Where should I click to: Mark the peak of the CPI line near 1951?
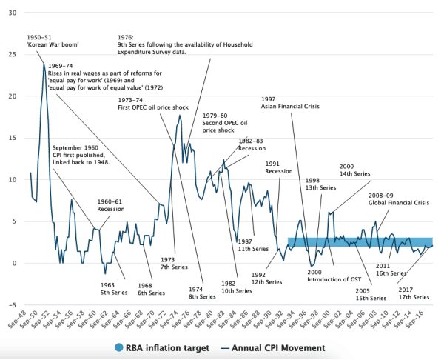tap(44, 63)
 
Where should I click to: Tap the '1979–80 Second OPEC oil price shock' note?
tap(221, 124)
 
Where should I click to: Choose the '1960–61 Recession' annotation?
tap(112, 205)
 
